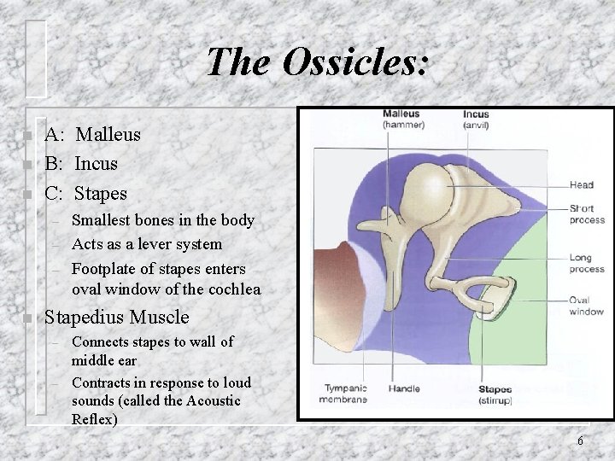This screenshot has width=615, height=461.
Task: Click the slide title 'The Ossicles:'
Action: coord(318,62)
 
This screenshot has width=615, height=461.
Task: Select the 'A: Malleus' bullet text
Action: coord(93,134)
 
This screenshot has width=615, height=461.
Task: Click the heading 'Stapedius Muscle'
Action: coord(117,318)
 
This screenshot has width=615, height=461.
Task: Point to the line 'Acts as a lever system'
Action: coord(147,244)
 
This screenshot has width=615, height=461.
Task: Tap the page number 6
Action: coord(580,441)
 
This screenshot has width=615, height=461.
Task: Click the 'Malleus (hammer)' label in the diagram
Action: coord(401,120)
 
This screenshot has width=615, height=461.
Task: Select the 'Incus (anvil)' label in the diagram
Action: coord(476,120)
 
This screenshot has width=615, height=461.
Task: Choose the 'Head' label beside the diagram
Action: coord(582,184)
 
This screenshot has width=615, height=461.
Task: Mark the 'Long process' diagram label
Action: coord(588,263)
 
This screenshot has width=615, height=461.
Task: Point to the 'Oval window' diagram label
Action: coord(587,306)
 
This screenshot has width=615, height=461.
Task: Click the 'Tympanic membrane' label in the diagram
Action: coord(343,394)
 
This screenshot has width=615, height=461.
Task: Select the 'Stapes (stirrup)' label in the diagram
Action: coord(496,394)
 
